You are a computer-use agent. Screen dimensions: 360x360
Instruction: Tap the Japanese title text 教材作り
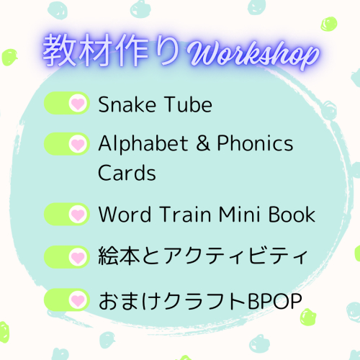coord(111,50)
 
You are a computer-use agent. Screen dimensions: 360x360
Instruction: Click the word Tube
coord(189,104)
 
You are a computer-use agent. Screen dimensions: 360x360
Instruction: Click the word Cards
coord(127,172)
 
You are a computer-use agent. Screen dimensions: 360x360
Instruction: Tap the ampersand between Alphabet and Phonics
coord(203,143)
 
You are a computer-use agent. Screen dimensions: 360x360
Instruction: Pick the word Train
coord(186,214)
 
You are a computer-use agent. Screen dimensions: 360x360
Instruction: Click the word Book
coord(292,214)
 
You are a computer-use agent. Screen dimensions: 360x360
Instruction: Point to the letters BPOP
coord(274,301)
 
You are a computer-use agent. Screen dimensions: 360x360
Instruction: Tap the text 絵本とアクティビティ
coord(203,256)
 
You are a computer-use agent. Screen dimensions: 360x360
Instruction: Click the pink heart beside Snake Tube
coord(78,104)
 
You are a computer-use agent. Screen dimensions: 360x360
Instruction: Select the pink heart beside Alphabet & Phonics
coord(78,145)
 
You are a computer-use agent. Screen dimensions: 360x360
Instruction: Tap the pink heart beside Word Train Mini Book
coord(78,215)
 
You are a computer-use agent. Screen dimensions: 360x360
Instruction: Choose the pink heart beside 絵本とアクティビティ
coord(78,258)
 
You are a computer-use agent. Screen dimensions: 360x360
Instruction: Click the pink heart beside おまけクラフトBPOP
coord(78,300)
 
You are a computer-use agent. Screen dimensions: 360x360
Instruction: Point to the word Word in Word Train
coord(125,214)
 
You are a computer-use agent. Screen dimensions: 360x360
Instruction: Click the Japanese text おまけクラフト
coord(173,301)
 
